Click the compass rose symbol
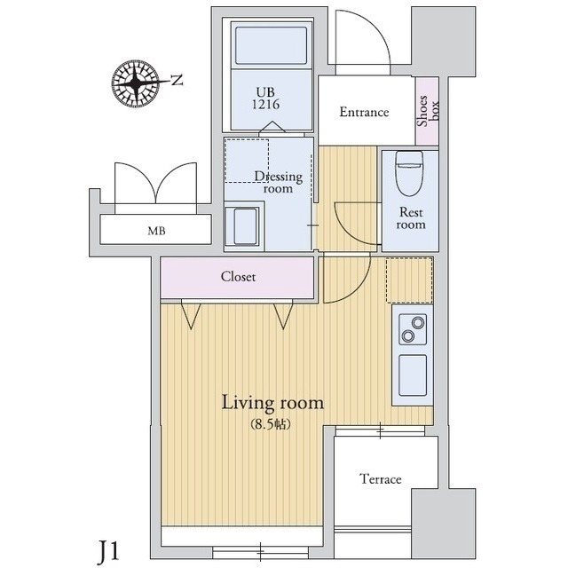pos(138,84)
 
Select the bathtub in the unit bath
pos(270,44)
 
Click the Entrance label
pos(365,112)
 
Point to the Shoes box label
pos(428,113)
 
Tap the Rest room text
pos(411,218)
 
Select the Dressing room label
pos(279,183)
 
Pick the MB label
pos(156,232)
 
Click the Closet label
pos(238,277)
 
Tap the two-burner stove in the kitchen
pos(411,330)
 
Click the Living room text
pos(272,403)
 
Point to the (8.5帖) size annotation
pos(272,423)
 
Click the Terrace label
pos(381,479)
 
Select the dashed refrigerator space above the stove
pos(409,280)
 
